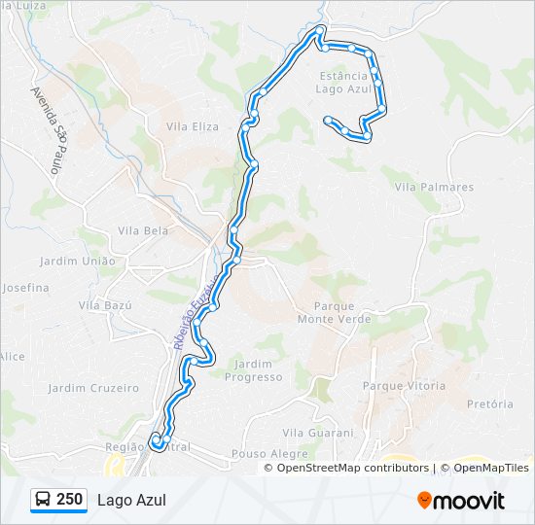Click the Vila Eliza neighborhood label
coord(193,126)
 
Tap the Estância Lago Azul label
coord(344,82)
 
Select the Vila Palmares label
coord(434,187)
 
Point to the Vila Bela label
coord(143,230)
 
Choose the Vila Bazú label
coord(105,305)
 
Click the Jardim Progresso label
coord(253,370)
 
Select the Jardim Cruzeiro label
coord(93,388)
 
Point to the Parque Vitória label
coord(404,386)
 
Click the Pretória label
coord(489,403)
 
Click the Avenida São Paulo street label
coord(47,130)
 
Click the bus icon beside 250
coord(43,500)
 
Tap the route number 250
coord(69,500)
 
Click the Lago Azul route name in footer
coord(131,500)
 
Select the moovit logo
coord(461,500)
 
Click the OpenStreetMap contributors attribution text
coord(352,468)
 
